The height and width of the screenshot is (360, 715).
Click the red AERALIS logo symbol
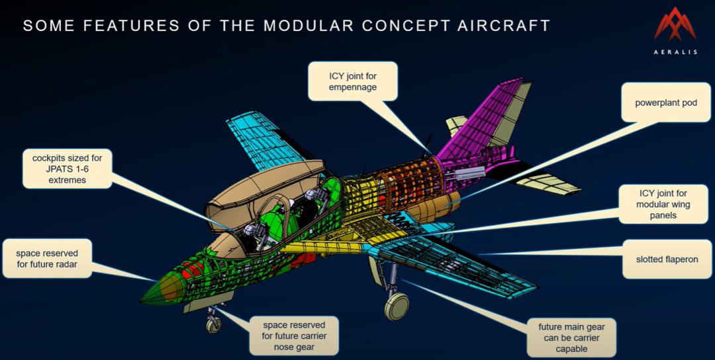point(675,26)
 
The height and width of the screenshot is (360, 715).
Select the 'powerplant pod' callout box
point(666,103)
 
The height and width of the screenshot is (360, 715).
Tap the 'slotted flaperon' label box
point(667,259)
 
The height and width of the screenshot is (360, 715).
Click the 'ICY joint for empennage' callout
point(352,81)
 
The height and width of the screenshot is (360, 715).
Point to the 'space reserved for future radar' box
point(47,258)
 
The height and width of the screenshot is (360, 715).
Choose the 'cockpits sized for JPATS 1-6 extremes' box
point(67,169)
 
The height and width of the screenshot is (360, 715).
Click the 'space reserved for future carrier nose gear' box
point(294,336)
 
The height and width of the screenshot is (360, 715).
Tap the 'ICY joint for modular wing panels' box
point(663,204)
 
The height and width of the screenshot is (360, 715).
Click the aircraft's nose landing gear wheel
point(213,326)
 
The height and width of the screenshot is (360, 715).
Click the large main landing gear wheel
point(397,306)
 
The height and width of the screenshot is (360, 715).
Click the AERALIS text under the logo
point(675,52)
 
